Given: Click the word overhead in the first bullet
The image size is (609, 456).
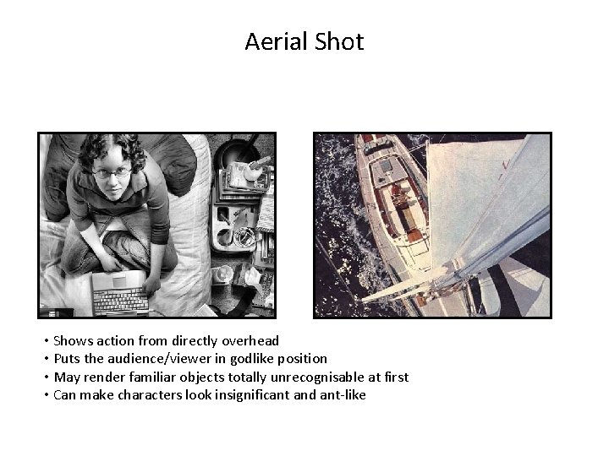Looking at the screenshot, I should (250, 341).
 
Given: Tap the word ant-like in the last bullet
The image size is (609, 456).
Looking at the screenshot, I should (342, 394).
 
